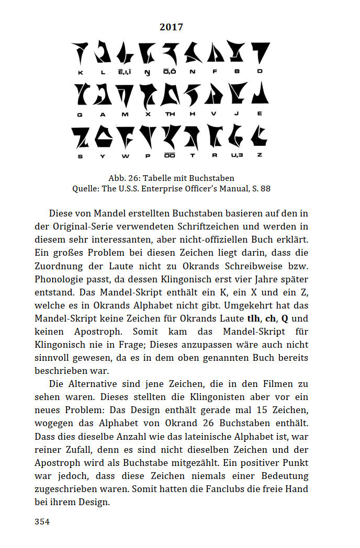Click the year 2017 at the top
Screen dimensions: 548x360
click(171, 27)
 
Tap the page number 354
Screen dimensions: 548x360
click(42, 521)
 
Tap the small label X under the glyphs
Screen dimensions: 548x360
click(148, 113)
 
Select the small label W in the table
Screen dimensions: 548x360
click(125, 155)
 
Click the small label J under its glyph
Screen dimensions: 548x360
click(237, 113)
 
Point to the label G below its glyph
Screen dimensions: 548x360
click(80, 113)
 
